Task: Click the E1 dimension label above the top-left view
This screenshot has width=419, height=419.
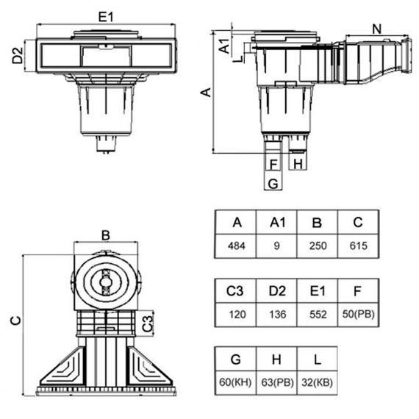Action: pyautogui.click(x=106, y=17)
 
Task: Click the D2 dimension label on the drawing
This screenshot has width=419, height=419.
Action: pyautogui.click(x=18, y=55)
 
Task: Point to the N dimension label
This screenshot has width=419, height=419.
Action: pyautogui.click(x=377, y=29)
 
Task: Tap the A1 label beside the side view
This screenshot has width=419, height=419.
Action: pyautogui.click(x=224, y=46)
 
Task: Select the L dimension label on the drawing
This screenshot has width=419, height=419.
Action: pyautogui.click(x=238, y=59)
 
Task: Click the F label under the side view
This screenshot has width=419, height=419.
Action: pyautogui.click(x=273, y=164)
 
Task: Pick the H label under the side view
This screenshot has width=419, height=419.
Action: pyautogui.click(x=298, y=163)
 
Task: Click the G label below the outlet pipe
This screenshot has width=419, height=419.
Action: pyautogui.click(x=273, y=184)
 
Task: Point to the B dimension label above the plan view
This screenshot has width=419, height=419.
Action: pyautogui.click(x=106, y=235)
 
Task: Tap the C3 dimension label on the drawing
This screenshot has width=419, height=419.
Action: pyautogui.click(x=147, y=323)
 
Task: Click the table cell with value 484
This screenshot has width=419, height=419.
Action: pyautogui.click(x=235, y=246)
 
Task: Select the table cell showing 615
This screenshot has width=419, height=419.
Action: pyautogui.click(x=358, y=246)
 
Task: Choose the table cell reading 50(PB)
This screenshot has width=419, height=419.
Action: pyautogui.click(x=358, y=315)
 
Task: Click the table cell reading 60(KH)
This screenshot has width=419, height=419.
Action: pyautogui.click(x=235, y=383)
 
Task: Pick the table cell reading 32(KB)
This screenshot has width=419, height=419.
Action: pyautogui.click(x=317, y=383)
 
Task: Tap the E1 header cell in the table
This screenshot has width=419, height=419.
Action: pyautogui.click(x=318, y=291)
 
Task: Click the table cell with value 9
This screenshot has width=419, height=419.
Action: pyautogui.click(x=276, y=246)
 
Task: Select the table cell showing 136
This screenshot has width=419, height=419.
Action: pyautogui.click(x=276, y=315)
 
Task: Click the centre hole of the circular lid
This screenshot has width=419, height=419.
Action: pyautogui.click(x=106, y=282)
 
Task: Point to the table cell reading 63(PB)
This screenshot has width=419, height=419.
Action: pyautogui.click(x=276, y=383)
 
